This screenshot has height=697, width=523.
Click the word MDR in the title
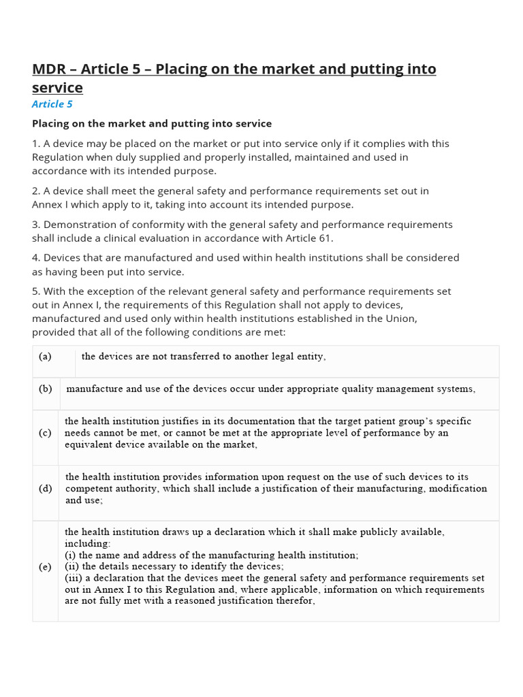[x=50, y=69]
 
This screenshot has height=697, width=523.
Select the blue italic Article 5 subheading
[x=52, y=104]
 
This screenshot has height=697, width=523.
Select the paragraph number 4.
[x=35, y=258]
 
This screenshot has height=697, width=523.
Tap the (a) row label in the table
[x=45, y=357]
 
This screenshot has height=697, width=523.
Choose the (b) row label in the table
[x=45, y=389]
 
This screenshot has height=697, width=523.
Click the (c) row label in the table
[x=45, y=433]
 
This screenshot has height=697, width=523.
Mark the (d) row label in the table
[x=45, y=489]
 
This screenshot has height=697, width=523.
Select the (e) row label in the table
[x=45, y=567]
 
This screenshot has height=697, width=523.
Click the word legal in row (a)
[x=271, y=357]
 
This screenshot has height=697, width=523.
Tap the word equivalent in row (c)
[x=90, y=444]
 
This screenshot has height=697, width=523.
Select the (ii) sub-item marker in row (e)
[x=71, y=566]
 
